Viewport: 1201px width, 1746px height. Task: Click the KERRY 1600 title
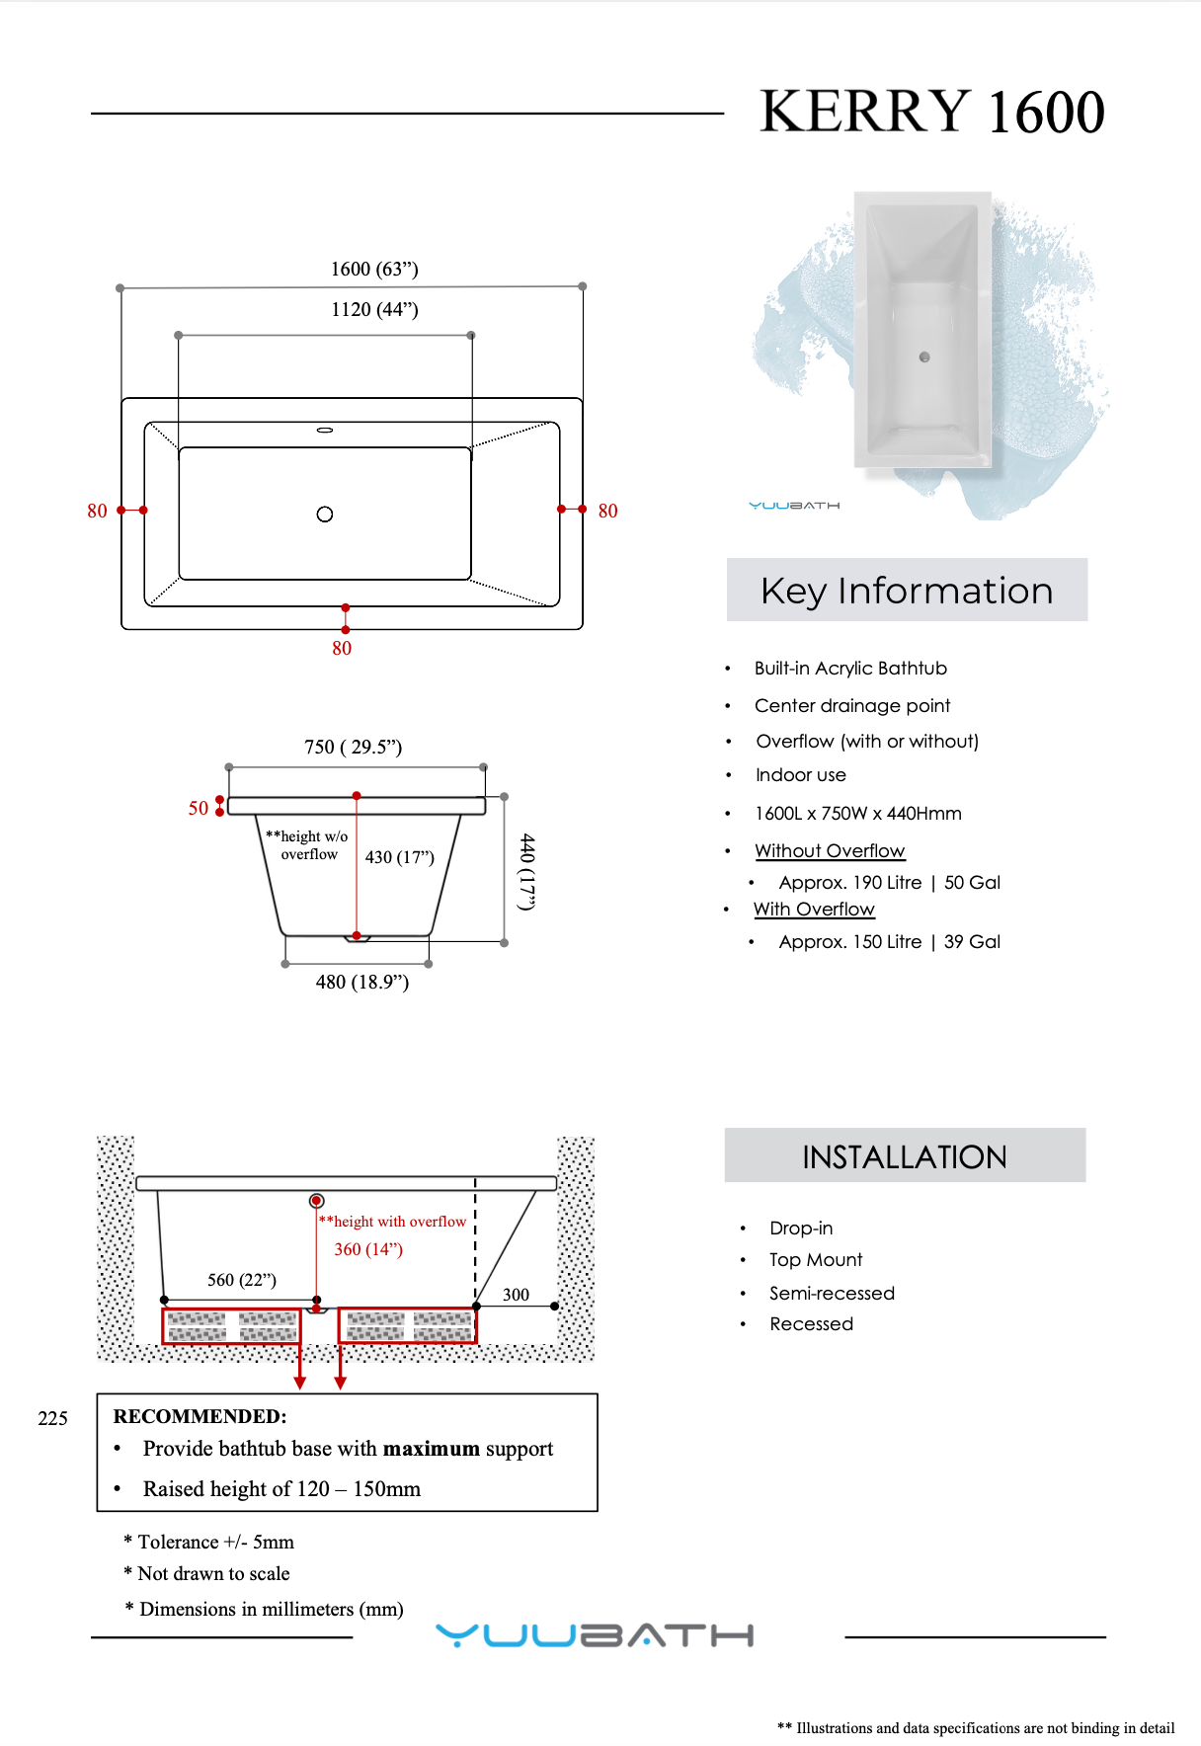[931, 111]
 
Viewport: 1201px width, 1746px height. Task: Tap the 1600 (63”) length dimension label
[374, 269]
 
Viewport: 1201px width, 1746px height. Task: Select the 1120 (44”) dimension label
[374, 309]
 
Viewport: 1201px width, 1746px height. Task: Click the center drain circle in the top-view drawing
[325, 514]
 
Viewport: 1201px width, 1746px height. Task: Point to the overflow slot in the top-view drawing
[325, 431]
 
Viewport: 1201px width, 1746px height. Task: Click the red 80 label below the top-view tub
[342, 648]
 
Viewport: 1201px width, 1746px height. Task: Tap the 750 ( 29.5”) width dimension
[353, 747]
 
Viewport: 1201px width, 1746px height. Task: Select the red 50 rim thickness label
[199, 808]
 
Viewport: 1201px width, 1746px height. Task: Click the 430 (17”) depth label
[400, 856]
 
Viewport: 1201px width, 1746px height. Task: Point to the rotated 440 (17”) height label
[528, 872]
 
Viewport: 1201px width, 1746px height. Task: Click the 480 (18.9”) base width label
[361, 982]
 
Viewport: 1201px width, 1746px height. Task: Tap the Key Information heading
[907, 591]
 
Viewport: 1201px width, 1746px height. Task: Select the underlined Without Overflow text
[830, 850]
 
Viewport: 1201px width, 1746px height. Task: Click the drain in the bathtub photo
[924, 357]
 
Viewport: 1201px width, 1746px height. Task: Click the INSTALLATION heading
[905, 1156]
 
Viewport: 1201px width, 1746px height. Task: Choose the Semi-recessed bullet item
[832, 1293]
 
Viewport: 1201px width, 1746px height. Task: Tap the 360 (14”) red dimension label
[368, 1249]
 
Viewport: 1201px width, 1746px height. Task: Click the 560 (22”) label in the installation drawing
[242, 1280]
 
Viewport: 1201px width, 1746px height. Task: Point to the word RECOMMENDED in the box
[200, 1416]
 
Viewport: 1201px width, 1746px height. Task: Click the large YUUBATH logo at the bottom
[595, 1635]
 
